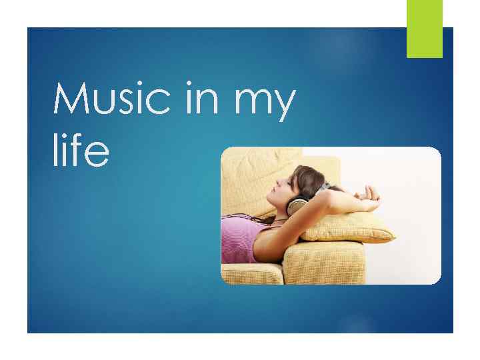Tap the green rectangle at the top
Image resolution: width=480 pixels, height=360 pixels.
click(x=425, y=28)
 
